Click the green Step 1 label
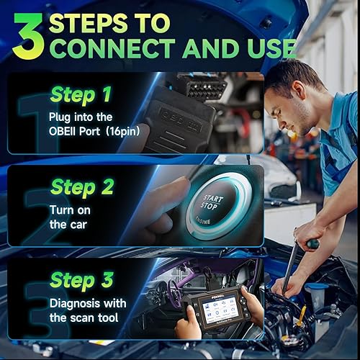pos(81,94)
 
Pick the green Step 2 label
pos(81,188)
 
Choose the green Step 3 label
pos(81,280)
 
